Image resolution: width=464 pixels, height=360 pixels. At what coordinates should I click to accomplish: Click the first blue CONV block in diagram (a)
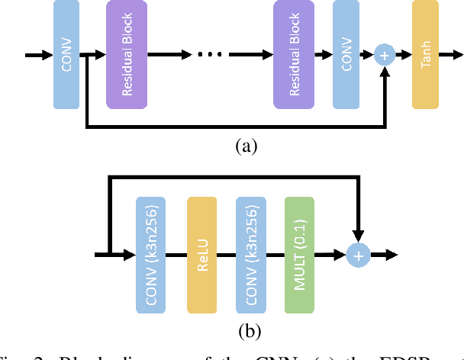coord(66,54)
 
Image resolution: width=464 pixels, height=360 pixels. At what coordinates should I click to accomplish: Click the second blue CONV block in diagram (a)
coord(347,54)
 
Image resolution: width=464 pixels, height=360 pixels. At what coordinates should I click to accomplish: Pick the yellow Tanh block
coord(427,54)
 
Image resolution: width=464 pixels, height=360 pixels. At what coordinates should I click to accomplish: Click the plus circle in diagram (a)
coord(384,55)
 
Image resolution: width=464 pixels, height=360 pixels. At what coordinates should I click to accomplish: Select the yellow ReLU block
coord(201,255)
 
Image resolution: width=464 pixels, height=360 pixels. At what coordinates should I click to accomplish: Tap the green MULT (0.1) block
coord(299,255)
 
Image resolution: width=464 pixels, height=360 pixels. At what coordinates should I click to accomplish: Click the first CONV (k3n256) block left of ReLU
coord(151,255)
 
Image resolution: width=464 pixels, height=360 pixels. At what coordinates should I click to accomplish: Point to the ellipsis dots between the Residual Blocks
coord(209,55)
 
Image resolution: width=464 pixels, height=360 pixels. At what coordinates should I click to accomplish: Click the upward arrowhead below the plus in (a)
coord(384,72)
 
